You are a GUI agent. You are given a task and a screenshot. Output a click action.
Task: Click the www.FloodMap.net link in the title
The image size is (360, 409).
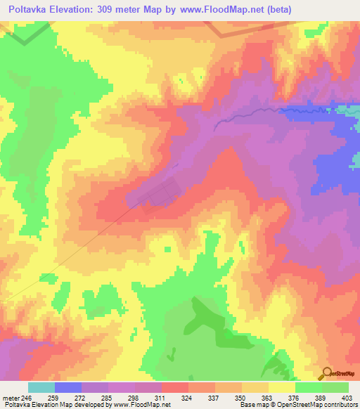[x=210, y=9]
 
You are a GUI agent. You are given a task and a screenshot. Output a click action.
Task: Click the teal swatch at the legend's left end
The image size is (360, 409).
[x=41, y=387]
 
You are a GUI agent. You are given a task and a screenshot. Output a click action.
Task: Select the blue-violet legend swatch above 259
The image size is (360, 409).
[x=68, y=387]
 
